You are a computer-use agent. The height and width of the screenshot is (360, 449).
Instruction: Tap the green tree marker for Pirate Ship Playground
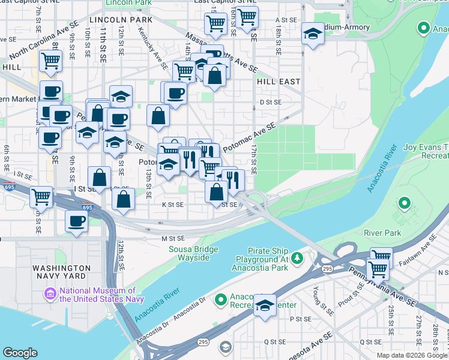click(297, 259)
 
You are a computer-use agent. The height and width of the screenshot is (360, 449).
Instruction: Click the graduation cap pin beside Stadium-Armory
click(313, 34)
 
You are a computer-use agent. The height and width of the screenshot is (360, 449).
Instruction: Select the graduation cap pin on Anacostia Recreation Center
click(265, 305)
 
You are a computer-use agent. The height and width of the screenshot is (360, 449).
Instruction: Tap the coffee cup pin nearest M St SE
click(77, 220)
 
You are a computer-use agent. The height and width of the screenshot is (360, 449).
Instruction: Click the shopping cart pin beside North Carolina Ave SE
click(51, 59)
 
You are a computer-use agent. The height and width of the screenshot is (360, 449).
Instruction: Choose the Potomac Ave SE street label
click(249, 137)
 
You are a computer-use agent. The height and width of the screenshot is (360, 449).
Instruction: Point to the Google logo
click(20, 353)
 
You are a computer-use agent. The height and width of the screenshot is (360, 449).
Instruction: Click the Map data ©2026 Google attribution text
click(411, 355)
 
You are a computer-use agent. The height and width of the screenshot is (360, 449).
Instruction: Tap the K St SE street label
click(172, 205)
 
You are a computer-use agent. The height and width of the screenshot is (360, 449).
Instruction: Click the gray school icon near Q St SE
click(224, 346)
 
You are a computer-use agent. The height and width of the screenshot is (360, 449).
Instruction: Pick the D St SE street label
click(270, 102)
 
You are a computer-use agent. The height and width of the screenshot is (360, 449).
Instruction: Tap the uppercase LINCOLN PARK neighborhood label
click(121, 20)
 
